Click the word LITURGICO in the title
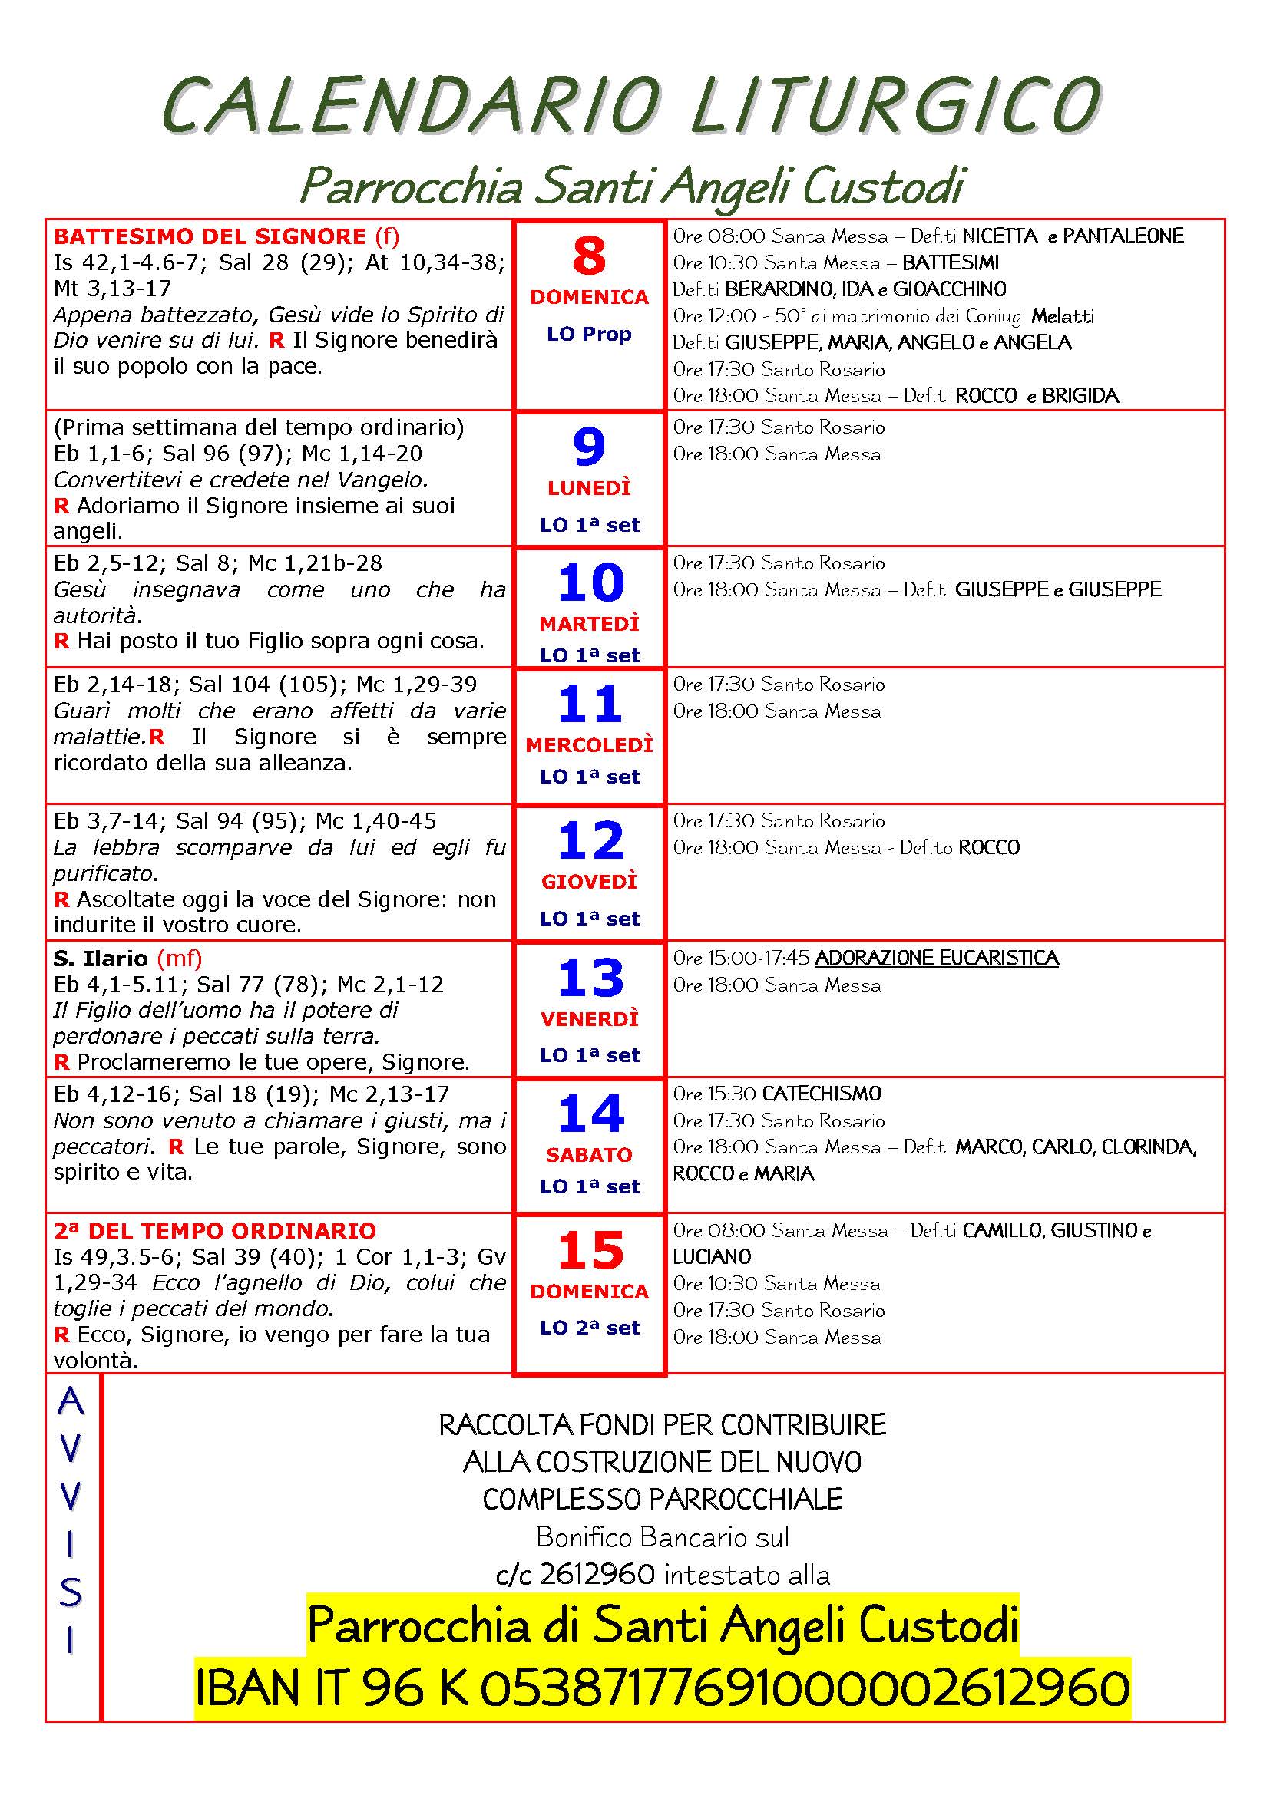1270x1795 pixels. (896, 105)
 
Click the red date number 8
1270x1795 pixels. (589, 256)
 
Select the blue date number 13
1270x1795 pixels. (590, 977)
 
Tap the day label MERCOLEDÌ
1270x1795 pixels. (589, 745)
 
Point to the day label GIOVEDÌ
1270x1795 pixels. (589, 881)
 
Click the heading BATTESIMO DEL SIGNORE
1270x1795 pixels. (210, 236)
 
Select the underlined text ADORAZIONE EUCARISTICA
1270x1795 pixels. (936, 958)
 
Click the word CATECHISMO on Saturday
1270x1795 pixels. (821, 1093)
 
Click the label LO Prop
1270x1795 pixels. (589, 334)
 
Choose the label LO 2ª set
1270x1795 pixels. (589, 1328)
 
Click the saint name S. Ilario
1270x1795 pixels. (100, 958)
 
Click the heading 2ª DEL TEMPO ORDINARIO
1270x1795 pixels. (215, 1230)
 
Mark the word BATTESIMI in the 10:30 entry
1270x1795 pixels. (950, 262)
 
